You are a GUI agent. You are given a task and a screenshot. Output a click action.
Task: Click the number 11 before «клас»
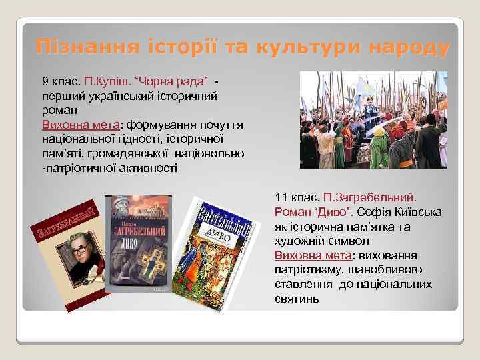[x=281, y=198]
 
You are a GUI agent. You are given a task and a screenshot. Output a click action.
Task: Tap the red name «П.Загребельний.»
[x=369, y=198]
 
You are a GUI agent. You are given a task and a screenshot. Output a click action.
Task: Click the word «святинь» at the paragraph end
[x=297, y=299]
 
